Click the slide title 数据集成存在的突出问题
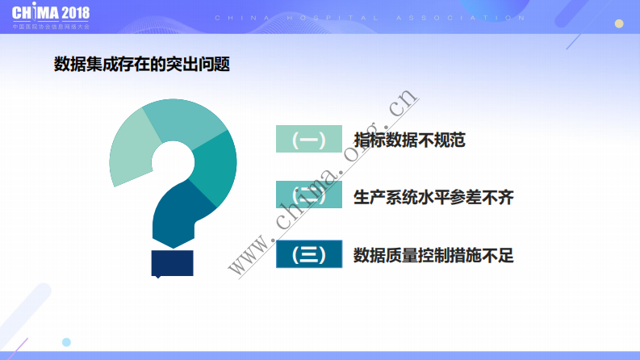point(141,65)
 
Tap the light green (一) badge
point(308,140)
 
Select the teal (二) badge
point(308,196)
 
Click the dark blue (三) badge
point(308,254)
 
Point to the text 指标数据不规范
point(409,140)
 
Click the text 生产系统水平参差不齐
point(433,197)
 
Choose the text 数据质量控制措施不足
point(433,255)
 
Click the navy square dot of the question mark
point(172,263)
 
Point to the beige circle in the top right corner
point(619,23)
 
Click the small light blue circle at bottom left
point(66,342)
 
